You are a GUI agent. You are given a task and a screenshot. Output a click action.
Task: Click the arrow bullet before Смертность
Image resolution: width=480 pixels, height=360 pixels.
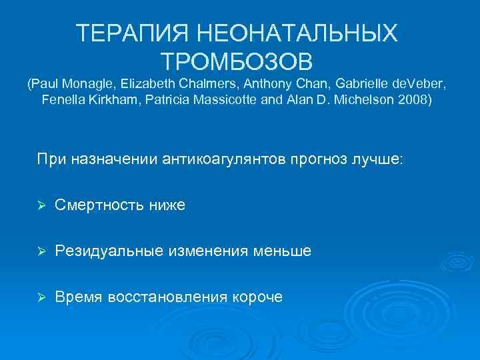41,207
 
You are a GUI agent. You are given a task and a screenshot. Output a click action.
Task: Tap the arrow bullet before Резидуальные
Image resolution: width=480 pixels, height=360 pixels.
41,251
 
